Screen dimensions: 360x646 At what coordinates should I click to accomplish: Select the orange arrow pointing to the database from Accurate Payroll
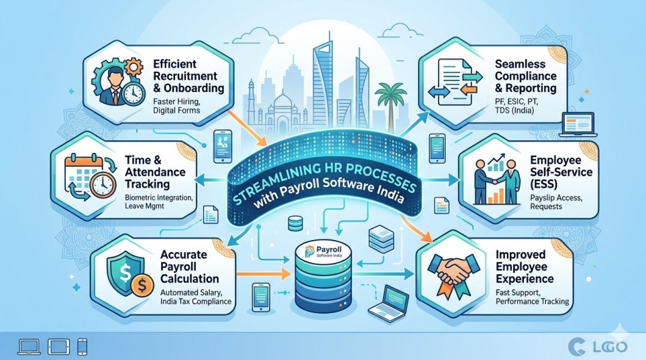261,273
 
